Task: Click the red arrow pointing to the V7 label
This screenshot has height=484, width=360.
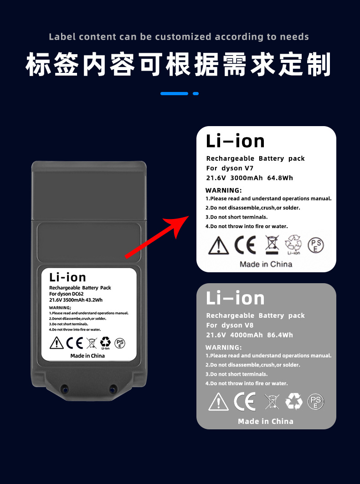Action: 157,237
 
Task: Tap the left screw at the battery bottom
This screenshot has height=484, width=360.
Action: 64,388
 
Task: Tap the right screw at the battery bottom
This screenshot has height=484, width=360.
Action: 112,388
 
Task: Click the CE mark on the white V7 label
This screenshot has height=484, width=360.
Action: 245,245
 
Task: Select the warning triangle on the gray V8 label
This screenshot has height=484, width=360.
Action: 218,402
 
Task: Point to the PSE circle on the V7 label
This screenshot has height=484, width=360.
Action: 316,245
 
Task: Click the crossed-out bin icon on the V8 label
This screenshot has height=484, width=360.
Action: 272,402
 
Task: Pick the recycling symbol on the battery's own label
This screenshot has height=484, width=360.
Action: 105,342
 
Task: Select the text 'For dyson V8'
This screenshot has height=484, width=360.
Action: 230,325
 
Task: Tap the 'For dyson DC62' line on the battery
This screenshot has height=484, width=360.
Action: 67,294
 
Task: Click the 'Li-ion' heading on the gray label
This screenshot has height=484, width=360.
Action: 235,298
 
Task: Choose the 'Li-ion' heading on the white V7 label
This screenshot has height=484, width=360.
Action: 235,141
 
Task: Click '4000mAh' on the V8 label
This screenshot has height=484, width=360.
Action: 247,335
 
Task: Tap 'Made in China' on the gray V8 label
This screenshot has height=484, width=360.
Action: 266,421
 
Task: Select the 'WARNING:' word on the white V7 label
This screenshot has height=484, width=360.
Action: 223,190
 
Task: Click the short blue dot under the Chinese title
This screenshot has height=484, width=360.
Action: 196,93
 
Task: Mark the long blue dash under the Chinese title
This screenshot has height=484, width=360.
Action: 174,93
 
